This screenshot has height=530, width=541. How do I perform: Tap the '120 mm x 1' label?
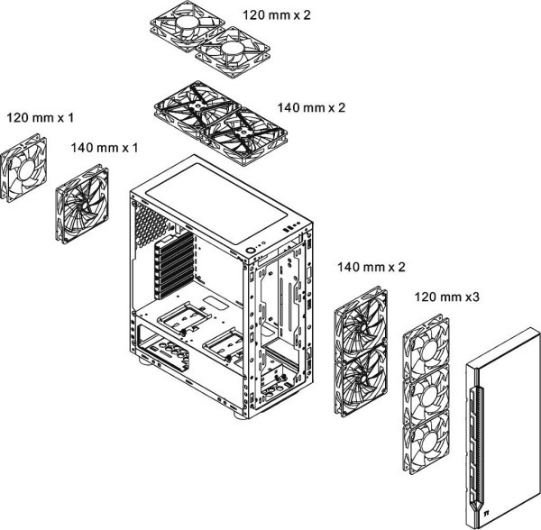point(39,118)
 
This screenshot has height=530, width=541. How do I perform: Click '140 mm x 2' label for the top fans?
point(312,107)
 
